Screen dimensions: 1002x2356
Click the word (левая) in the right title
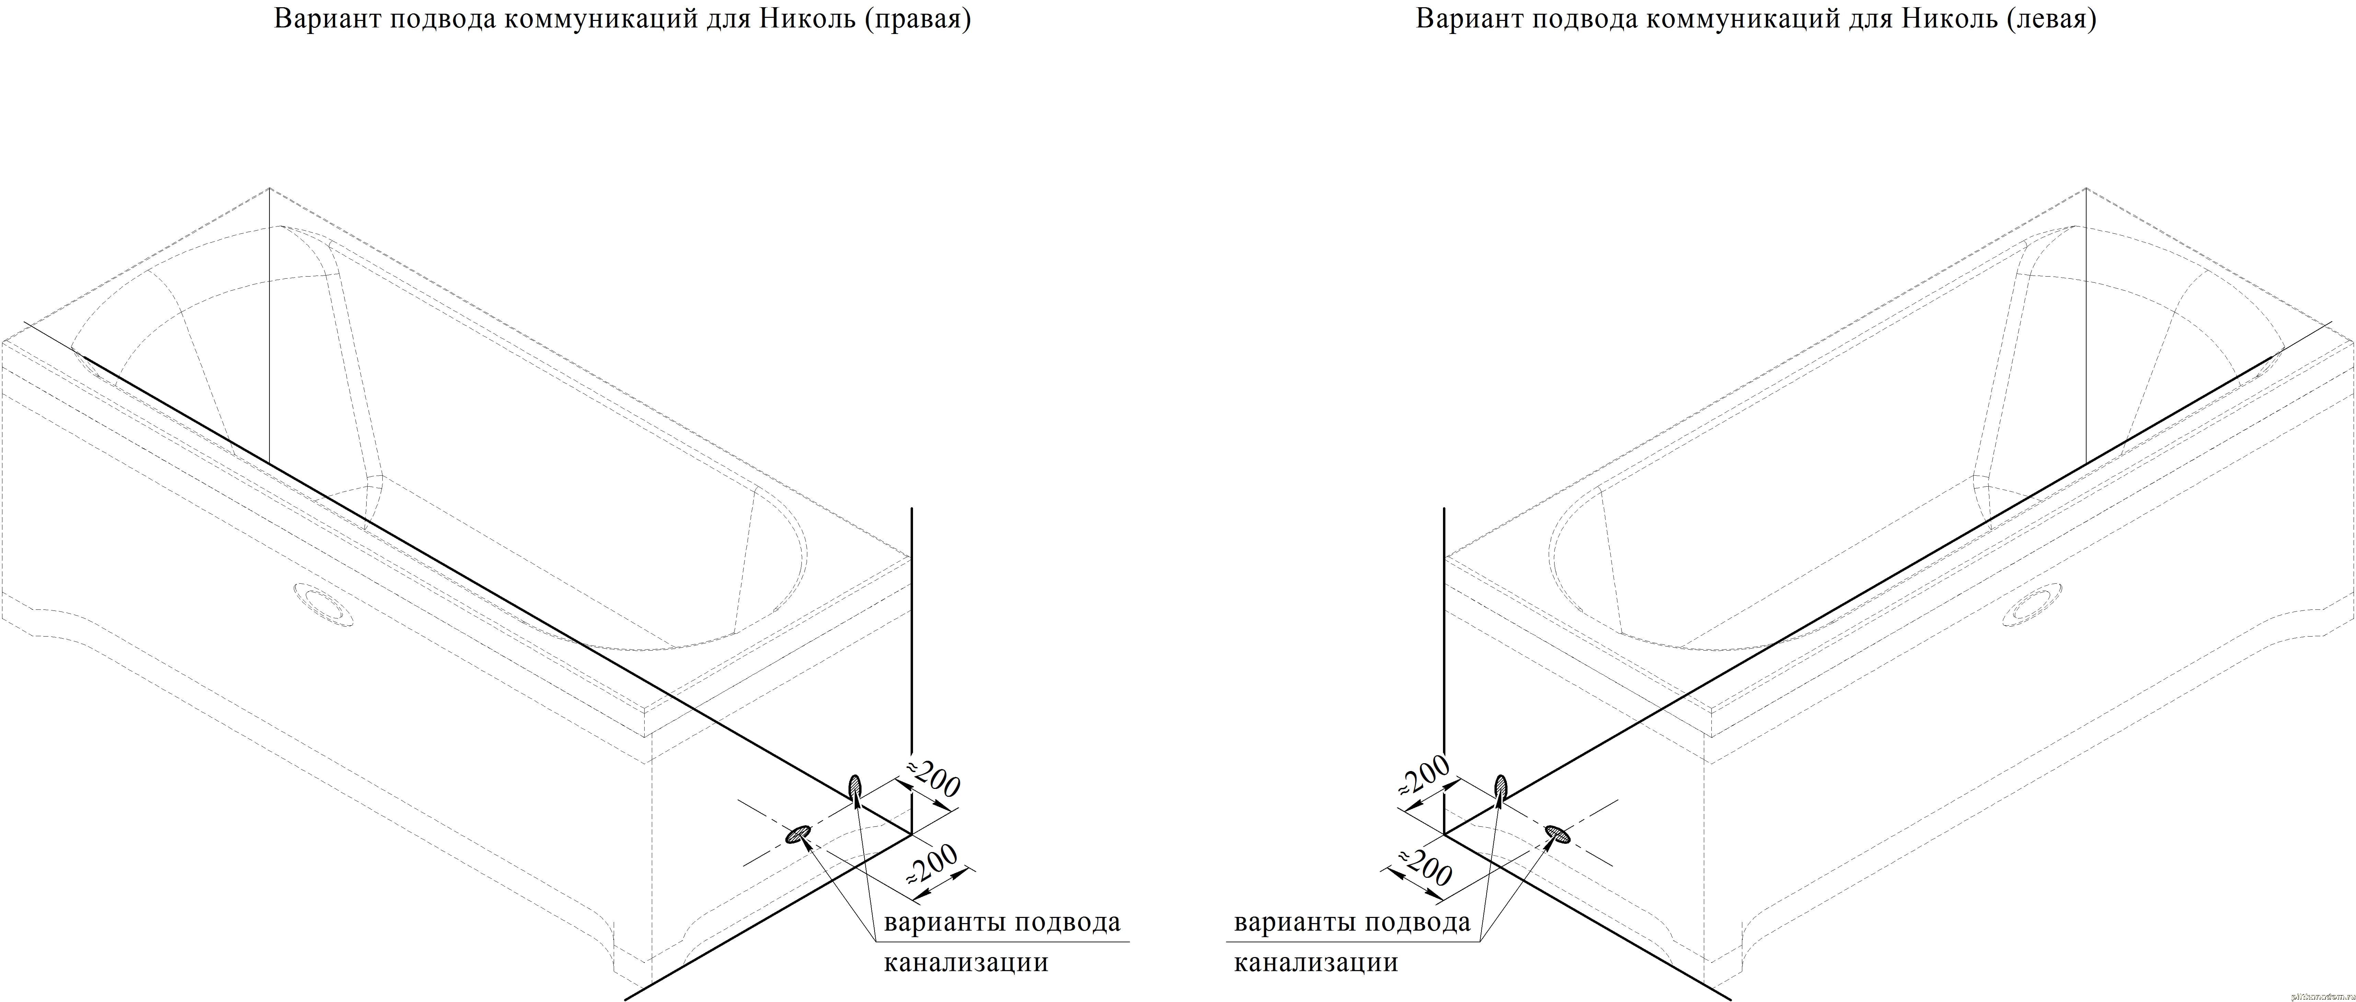point(2051,19)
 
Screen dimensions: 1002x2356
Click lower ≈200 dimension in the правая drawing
point(931,862)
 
